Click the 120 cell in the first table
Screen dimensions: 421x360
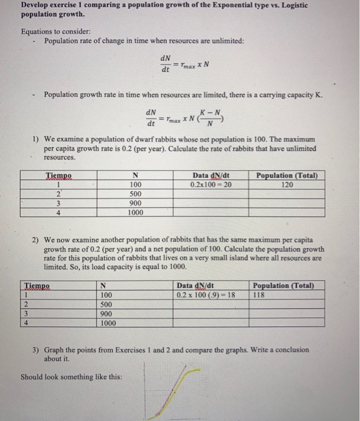pyautogui.click(x=287, y=185)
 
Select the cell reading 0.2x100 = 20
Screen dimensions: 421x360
pyautogui.click(x=210, y=185)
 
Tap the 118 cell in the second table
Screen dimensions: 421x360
pyautogui.click(x=259, y=295)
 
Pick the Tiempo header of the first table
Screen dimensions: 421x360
pyautogui.click(x=59, y=176)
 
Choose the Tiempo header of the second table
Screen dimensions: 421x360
pyautogui.click(x=37, y=285)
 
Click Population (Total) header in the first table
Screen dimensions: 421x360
pyautogui.click(x=287, y=176)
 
